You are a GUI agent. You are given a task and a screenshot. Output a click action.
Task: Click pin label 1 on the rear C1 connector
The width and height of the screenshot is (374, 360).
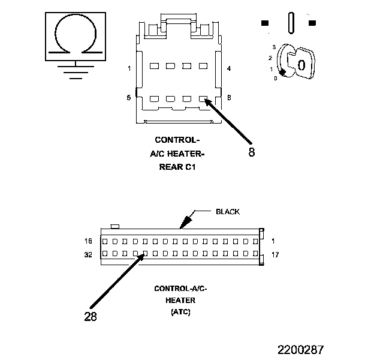click(129, 68)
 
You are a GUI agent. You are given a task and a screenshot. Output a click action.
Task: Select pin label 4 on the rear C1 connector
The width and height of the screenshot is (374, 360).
click(229, 68)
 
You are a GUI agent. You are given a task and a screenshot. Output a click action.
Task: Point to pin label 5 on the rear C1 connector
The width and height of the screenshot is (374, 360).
click(129, 97)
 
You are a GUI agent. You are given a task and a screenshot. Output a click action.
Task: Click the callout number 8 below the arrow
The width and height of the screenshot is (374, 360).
click(251, 152)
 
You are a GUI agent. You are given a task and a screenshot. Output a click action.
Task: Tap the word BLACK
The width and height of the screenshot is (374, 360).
click(227, 212)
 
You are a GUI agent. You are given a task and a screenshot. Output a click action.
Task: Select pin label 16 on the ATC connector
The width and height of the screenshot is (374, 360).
click(89, 241)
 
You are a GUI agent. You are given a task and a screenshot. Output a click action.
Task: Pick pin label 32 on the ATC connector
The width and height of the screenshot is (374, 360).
click(89, 254)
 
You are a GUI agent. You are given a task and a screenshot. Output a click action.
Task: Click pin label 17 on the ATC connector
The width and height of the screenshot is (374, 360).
click(275, 254)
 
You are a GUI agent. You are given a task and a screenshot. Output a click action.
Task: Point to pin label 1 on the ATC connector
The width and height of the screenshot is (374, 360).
click(273, 241)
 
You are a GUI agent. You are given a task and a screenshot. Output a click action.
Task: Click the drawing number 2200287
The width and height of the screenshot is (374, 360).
click(300, 349)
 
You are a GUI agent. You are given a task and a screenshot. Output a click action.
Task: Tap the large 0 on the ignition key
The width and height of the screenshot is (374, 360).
click(301, 64)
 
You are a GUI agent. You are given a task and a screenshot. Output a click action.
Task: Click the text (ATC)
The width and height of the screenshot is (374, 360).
click(180, 311)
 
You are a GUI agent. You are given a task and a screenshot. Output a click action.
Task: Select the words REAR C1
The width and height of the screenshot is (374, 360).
click(177, 167)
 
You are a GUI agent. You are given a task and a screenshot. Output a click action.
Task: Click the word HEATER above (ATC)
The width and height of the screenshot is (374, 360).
click(180, 300)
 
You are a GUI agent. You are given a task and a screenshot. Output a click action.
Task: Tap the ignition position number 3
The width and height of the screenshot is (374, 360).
click(273, 47)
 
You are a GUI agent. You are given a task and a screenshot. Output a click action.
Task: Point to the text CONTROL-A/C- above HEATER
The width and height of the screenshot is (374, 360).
click(180, 289)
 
